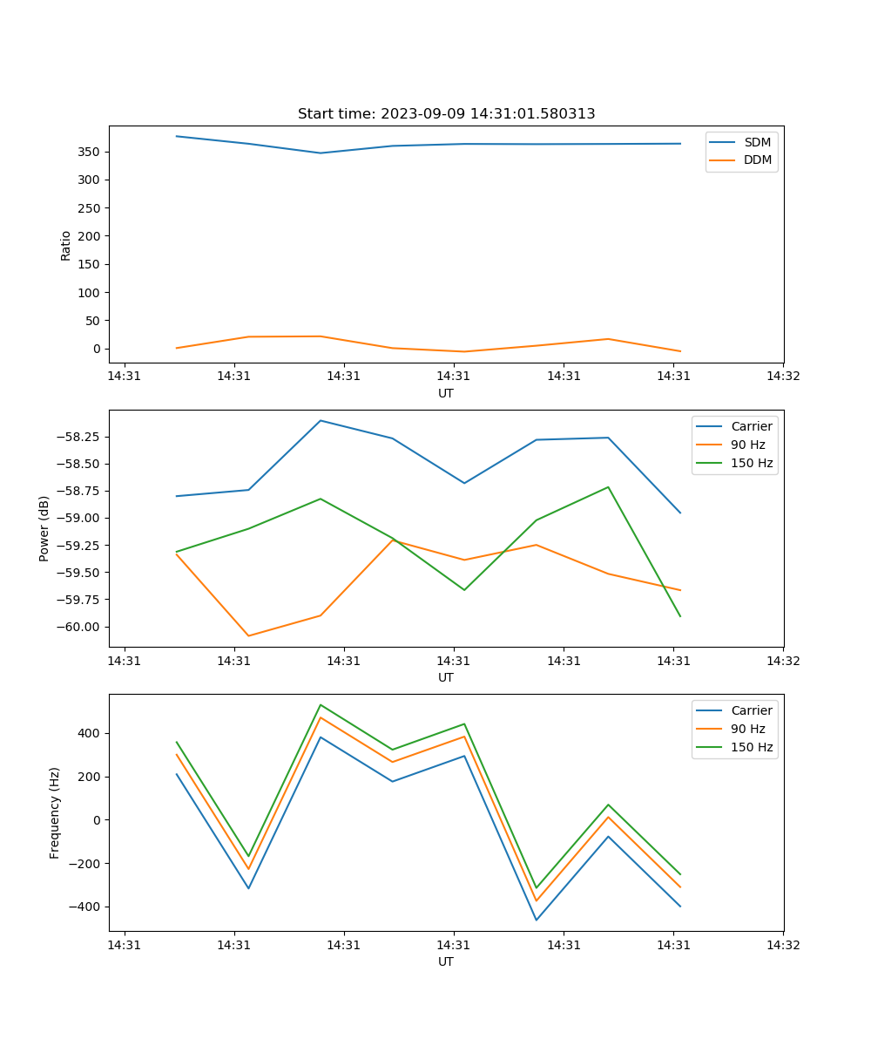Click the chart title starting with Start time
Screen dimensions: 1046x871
pos(446,114)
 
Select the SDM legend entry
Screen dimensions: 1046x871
pos(757,142)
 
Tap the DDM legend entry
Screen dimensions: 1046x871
pos(757,160)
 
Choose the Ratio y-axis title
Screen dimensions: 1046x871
pos(66,245)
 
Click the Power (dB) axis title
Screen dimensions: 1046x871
pos(44,528)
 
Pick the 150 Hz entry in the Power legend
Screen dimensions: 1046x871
pos(751,463)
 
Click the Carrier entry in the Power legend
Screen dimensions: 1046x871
pos(751,426)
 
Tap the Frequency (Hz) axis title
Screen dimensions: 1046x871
pos(55,812)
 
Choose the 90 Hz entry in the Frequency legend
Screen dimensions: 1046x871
pos(747,729)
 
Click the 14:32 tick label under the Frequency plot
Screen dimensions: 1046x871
pos(783,944)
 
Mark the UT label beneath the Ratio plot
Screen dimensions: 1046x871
pos(446,393)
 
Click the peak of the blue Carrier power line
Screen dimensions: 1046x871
pos(321,420)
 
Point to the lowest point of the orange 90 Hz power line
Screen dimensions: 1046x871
pos(248,635)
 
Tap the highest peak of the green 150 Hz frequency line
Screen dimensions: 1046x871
pos(321,704)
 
